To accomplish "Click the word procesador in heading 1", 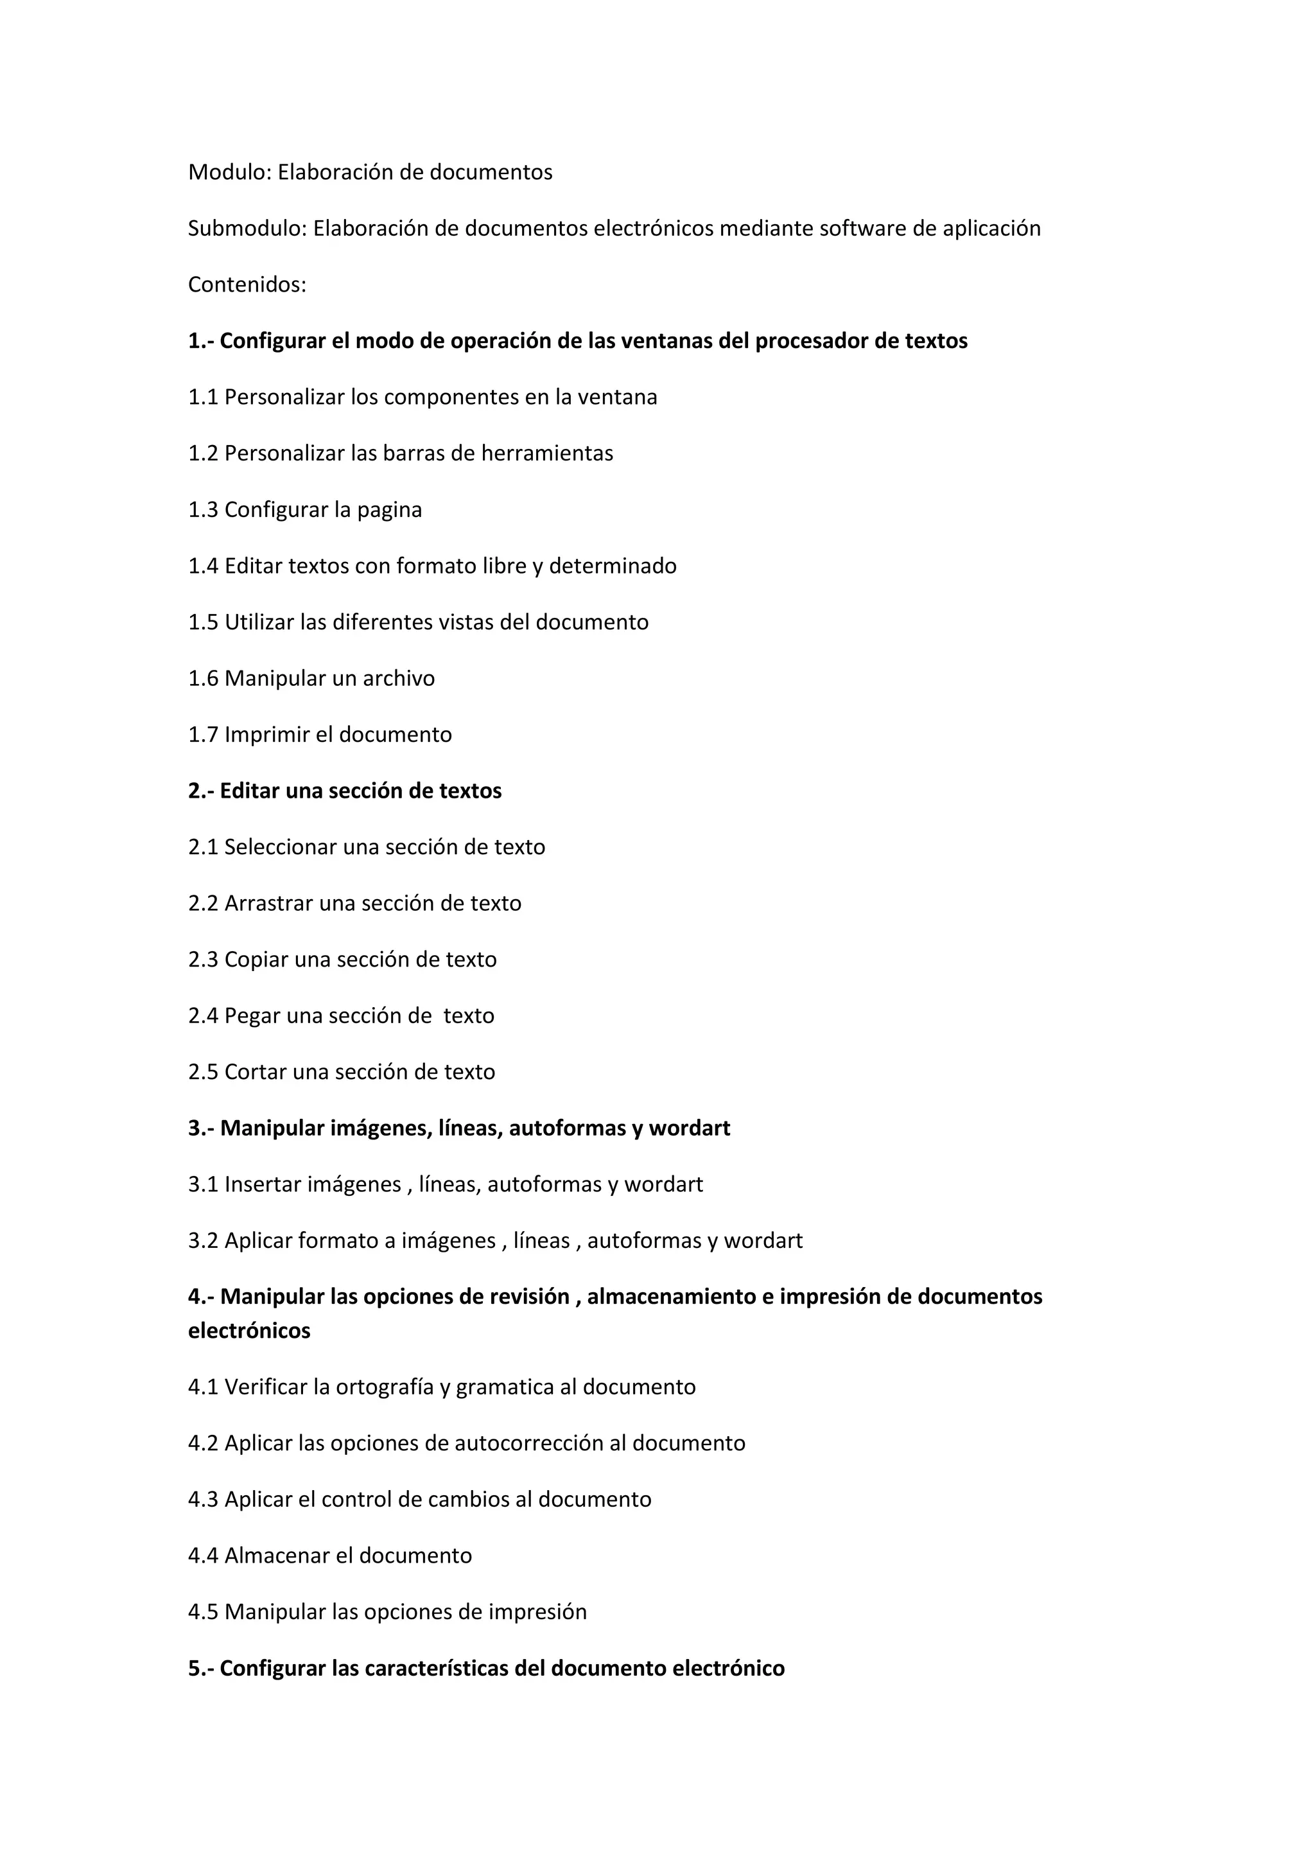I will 813,341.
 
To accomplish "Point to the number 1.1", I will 204,397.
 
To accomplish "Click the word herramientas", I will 546,453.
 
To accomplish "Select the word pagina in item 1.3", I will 390,509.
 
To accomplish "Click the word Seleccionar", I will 280,847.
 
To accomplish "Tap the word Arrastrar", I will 269,903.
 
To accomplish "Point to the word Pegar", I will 252,1016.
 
